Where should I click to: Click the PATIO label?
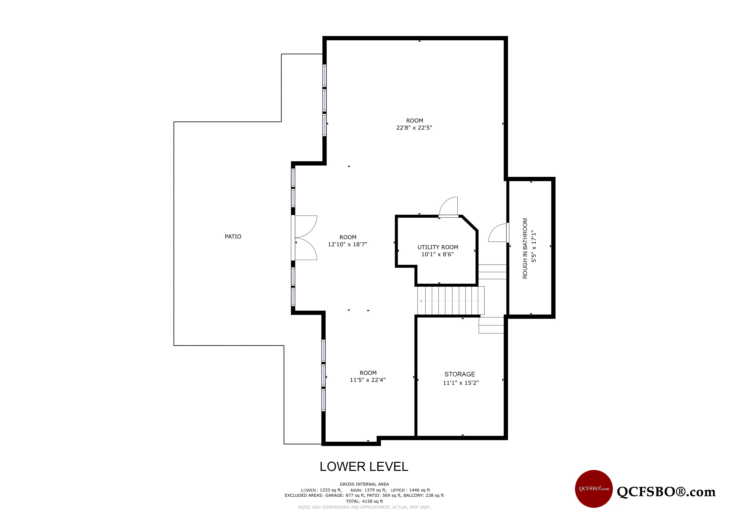pos(233,237)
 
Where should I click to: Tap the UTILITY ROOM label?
pos(438,247)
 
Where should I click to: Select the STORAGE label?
pos(459,374)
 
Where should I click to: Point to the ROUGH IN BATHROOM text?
pos(525,248)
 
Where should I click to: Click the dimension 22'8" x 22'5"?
pos(414,128)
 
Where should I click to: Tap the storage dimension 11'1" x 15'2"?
pos(460,383)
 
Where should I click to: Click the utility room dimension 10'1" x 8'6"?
pos(437,254)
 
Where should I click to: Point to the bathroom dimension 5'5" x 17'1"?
pos(534,246)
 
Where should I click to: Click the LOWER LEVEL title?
pos(364,467)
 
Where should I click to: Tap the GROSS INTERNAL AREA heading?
pos(364,484)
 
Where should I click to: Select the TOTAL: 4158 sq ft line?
pos(364,501)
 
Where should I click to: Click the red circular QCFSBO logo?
pos(594,489)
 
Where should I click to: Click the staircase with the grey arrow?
pos(451,301)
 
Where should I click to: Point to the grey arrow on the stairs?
pos(451,301)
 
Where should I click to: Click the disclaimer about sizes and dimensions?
pos(364,507)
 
